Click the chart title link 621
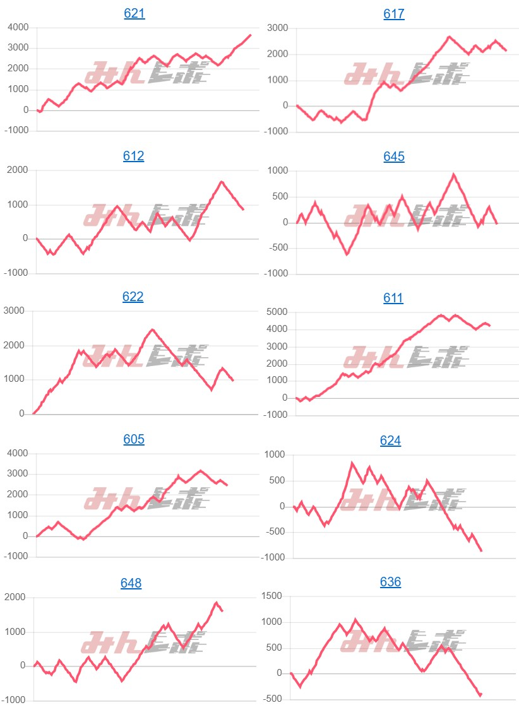point(134,13)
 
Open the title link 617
point(394,14)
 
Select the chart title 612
point(134,156)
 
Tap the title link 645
point(394,157)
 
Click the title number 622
point(133,297)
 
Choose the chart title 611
point(393,298)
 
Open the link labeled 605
point(134,439)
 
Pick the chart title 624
point(391,441)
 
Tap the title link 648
point(131,583)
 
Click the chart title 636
point(391,582)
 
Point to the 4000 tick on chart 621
point(18,27)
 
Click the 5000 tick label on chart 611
point(277,312)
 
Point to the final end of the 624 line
point(482,551)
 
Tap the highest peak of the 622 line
point(153,329)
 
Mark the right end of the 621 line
point(251,35)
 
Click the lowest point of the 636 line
point(480,695)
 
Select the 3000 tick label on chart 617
point(277,28)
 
